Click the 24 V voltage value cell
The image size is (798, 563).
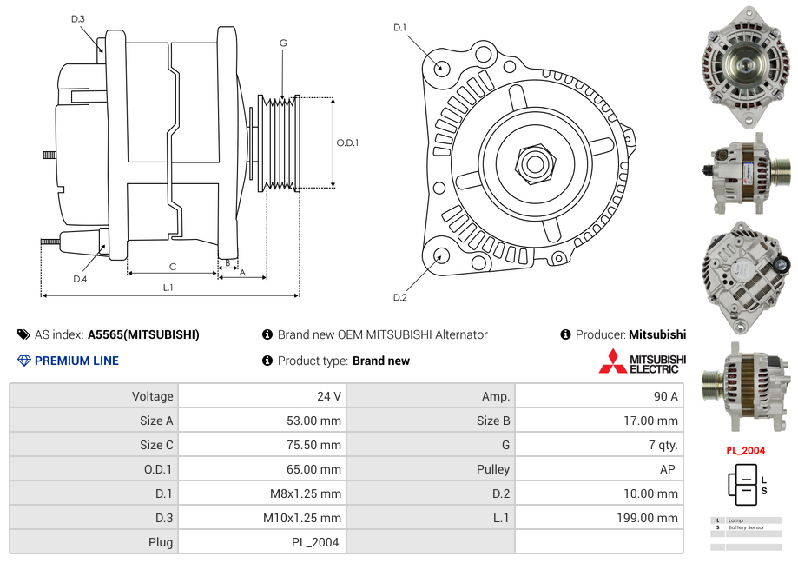[x=328, y=396]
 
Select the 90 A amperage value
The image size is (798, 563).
[x=665, y=396]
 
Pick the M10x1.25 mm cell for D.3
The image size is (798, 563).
[x=302, y=518]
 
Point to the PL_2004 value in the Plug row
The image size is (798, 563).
[x=315, y=542]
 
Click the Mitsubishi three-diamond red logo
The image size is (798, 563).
[x=612, y=361]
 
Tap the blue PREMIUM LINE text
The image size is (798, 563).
[x=76, y=361]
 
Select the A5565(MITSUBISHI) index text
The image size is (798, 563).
[x=143, y=334]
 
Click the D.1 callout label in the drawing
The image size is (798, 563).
[x=399, y=28]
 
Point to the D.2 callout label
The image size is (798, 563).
[x=399, y=297]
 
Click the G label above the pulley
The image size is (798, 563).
[x=283, y=43]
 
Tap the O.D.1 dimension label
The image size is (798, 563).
[x=347, y=142]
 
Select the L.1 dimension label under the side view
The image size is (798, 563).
[x=168, y=287]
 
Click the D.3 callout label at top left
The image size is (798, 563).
[x=78, y=19]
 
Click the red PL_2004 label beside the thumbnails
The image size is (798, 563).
[x=745, y=451]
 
